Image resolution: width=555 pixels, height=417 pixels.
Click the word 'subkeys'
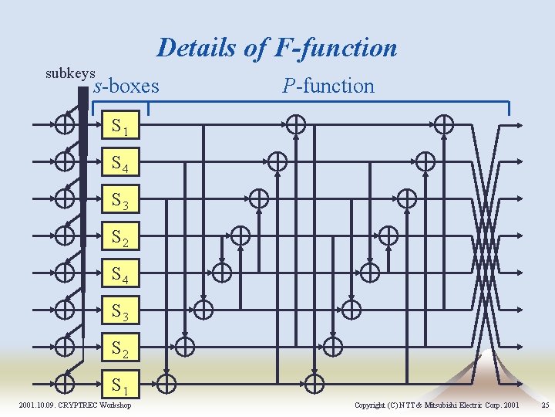click(70, 74)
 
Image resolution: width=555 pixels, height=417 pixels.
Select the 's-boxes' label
click(126, 86)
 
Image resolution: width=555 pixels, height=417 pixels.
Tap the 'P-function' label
click(328, 86)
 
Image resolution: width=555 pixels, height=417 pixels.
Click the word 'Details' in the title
click(197, 48)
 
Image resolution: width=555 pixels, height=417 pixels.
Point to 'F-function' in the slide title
click(334, 48)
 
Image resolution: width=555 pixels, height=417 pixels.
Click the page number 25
click(546, 405)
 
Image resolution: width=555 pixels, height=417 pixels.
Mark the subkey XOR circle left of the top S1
click(65, 124)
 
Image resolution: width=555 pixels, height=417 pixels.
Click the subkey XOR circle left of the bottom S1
click(65, 382)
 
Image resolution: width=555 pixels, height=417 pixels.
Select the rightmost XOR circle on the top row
click(444, 124)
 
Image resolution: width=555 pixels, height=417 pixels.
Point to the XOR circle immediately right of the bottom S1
click(166, 382)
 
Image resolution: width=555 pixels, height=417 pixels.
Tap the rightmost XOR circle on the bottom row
click(314, 382)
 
